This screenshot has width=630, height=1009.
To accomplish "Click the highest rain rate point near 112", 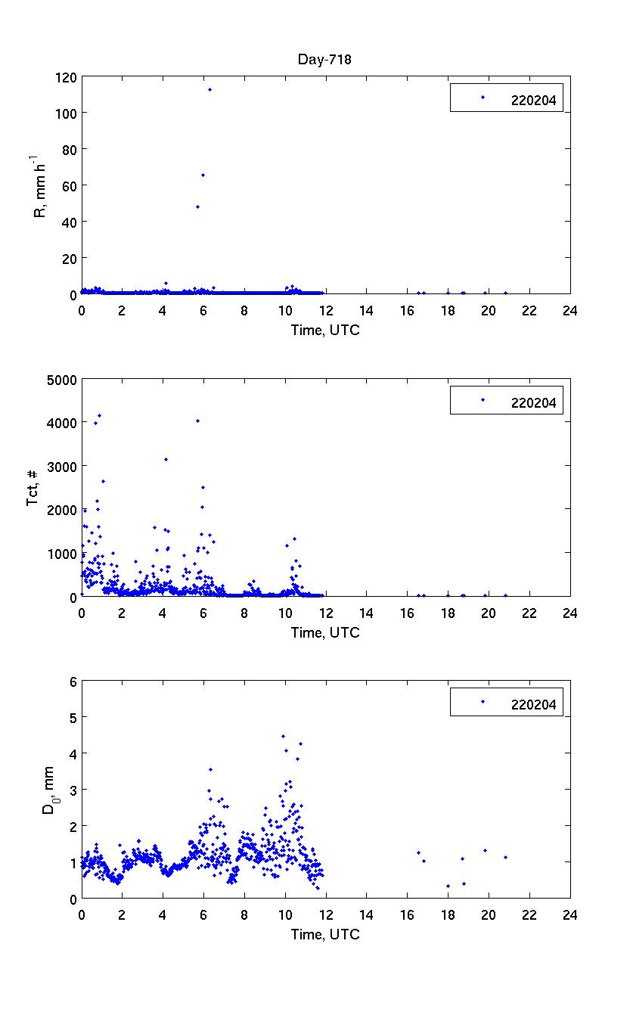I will coord(209,90).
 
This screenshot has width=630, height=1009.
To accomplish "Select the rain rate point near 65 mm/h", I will coord(203,175).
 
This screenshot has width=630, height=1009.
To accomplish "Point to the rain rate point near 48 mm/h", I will coord(197,206).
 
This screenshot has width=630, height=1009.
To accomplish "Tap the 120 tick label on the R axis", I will coord(66,76).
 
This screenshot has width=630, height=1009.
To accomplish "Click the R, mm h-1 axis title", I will coord(39,185).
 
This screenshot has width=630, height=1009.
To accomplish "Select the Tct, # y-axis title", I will coord(33,488).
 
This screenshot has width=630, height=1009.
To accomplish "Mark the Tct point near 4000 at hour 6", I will coord(197,421).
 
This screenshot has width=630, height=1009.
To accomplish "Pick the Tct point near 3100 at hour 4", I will coord(166,459).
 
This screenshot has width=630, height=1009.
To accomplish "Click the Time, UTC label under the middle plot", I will coord(325,632).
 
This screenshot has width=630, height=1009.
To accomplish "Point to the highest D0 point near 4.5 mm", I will coord(283,736).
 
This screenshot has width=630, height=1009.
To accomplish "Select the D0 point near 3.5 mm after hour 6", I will coord(210,769).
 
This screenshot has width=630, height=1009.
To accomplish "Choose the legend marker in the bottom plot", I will coord(483,702).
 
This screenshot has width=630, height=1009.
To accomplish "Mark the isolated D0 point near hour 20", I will coord(485,850).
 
